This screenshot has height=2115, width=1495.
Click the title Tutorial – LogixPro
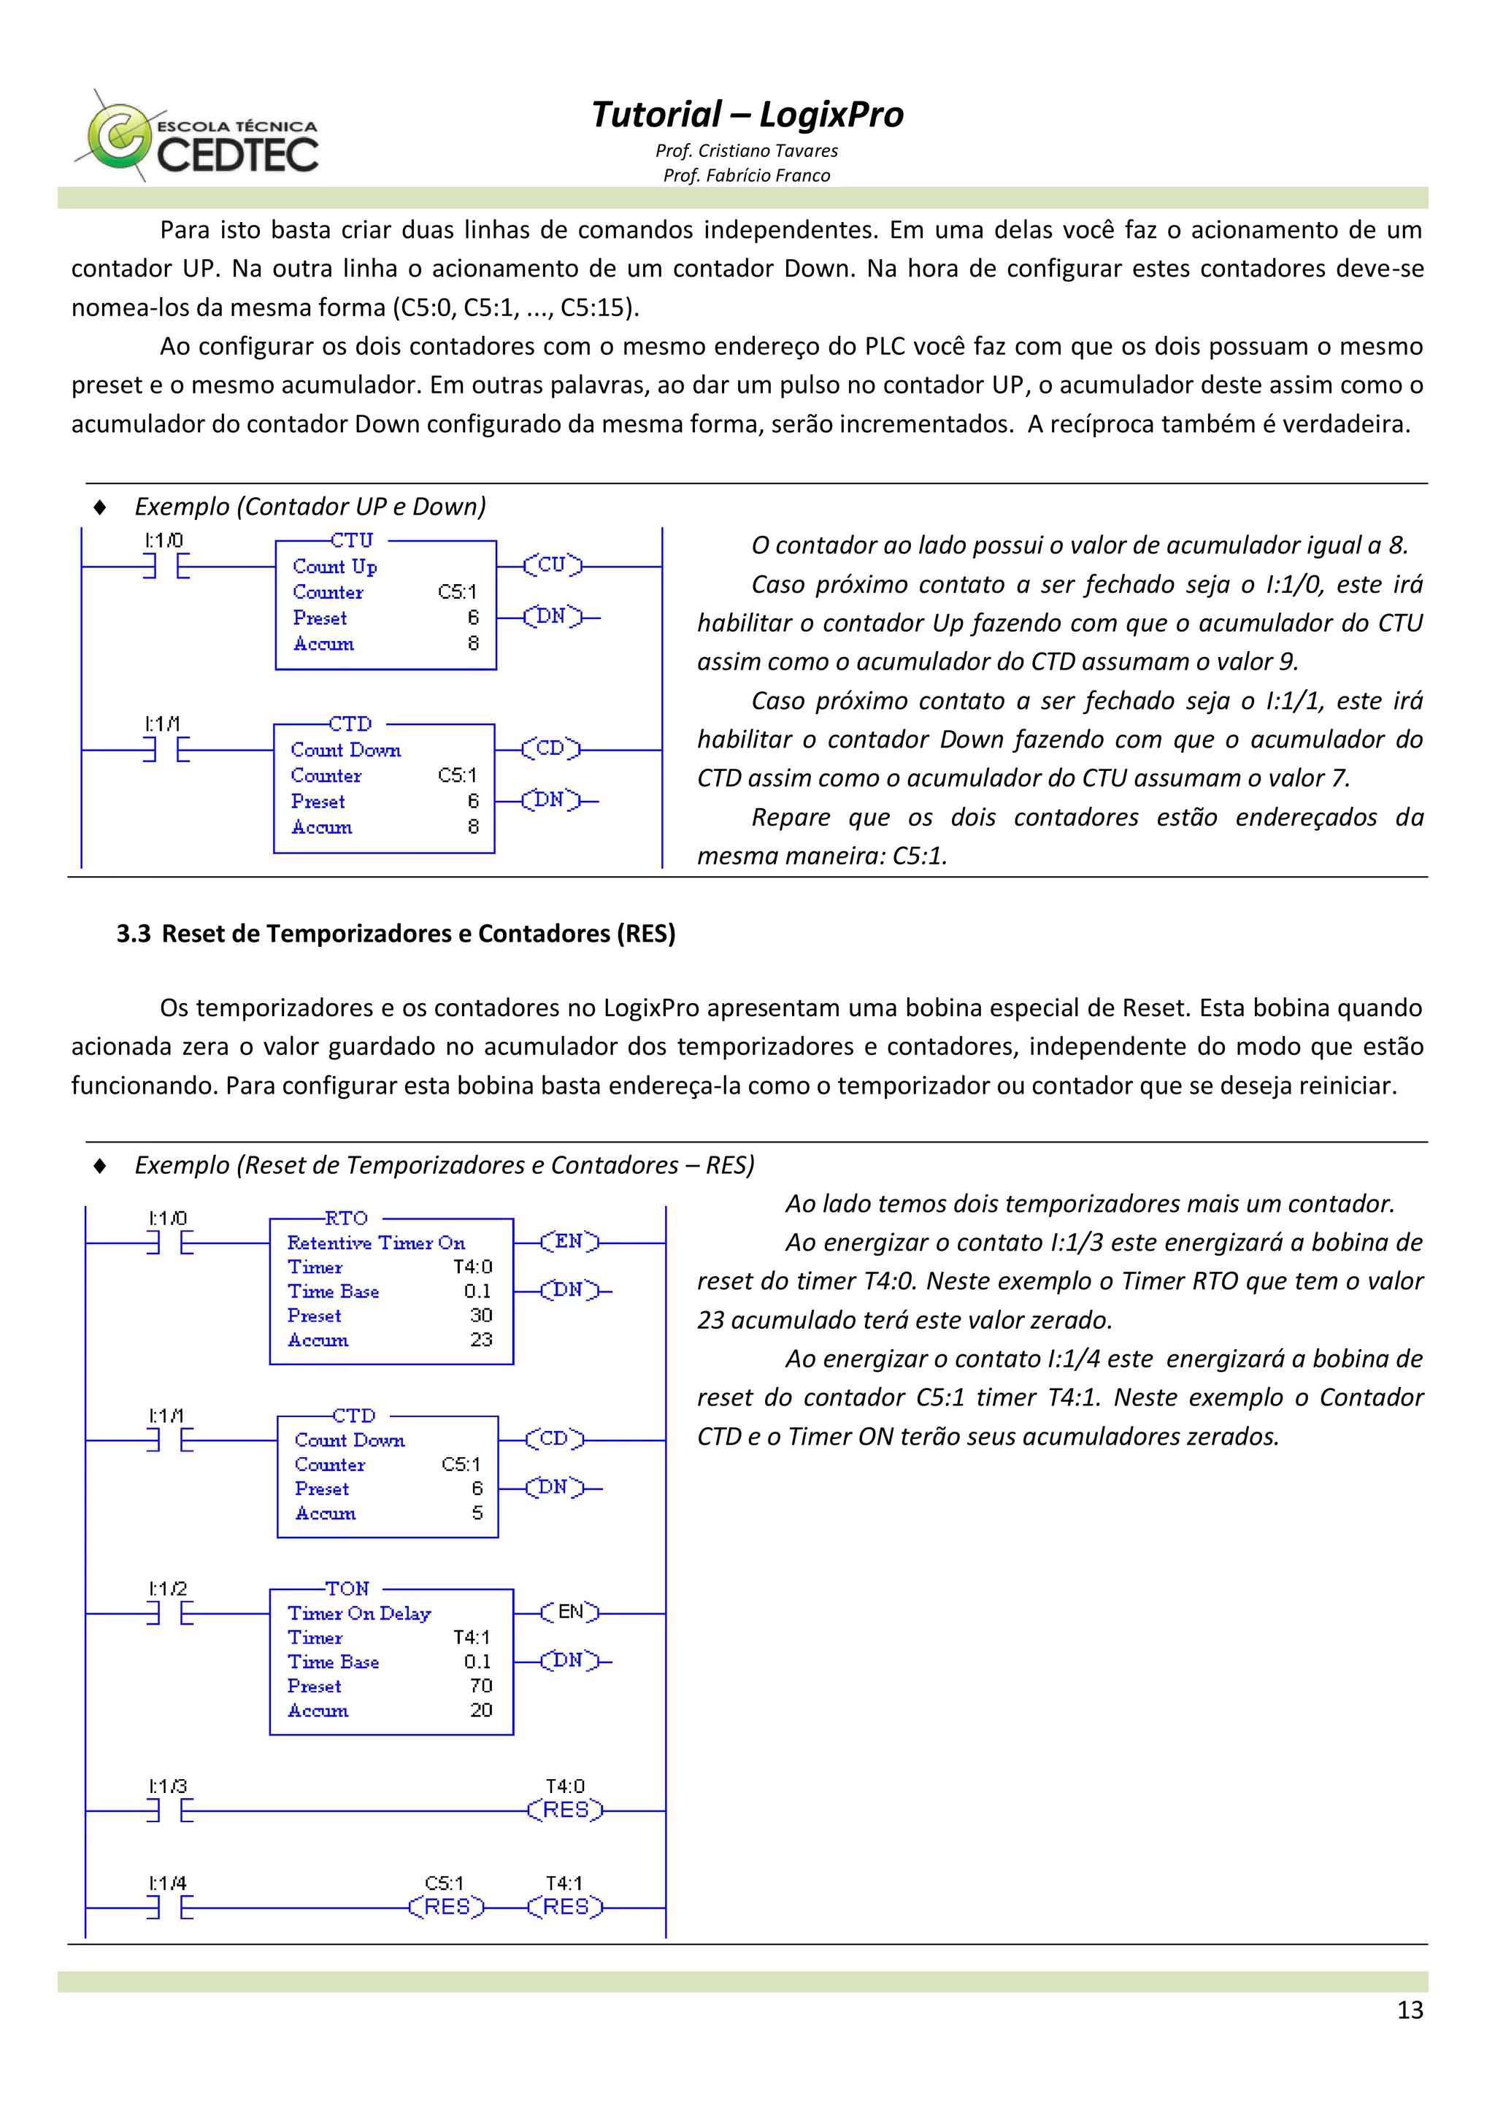point(746,114)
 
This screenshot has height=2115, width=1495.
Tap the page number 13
point(1410,2009)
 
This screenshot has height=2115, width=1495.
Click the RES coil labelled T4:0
point(565,1810)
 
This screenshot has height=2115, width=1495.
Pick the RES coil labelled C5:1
point(446,1907)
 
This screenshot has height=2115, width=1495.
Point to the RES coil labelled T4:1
point(565,1907)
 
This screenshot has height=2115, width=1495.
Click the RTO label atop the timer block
point(346,1218)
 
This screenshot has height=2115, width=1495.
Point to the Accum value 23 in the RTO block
point(481,1340)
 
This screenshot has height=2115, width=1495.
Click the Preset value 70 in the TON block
point(481,1686)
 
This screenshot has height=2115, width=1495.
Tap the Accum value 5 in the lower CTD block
point(477,1513)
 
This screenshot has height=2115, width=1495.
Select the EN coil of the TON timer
point(570,1612)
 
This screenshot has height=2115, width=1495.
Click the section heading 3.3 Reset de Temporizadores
point(396,933)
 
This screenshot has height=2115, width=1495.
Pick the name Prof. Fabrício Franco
point(746,175)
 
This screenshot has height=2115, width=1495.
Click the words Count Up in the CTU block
point(334,567)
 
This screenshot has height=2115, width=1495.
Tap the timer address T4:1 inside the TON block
point(471,1637)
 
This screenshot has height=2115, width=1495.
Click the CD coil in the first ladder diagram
point(550,748)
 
